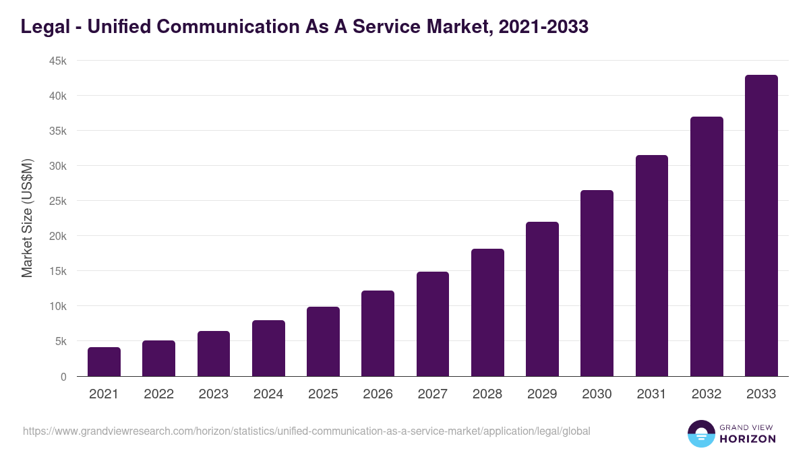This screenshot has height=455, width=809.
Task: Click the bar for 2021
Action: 104,362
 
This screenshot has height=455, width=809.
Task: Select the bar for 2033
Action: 761,226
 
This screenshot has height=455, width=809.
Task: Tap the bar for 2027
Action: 433,324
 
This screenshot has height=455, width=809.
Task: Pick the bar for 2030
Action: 597,283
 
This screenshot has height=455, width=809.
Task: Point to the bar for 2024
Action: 268,348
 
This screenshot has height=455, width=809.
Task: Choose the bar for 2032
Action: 707,247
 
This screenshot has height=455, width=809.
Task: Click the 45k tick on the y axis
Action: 57,61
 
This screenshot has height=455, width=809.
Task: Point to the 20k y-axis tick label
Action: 57,236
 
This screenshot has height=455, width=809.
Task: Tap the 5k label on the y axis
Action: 60,341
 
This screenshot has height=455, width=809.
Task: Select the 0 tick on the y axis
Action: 63,377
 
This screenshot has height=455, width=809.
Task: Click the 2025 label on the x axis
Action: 323,394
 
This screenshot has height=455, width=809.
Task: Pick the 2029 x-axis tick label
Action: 542,394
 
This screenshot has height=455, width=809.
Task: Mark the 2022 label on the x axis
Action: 158,394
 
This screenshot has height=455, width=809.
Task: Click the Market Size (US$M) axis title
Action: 27,218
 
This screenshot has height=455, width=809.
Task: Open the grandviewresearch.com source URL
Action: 306,431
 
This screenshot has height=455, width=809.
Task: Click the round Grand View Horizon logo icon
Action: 700,433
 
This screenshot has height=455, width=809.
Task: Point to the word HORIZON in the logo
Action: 748,439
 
